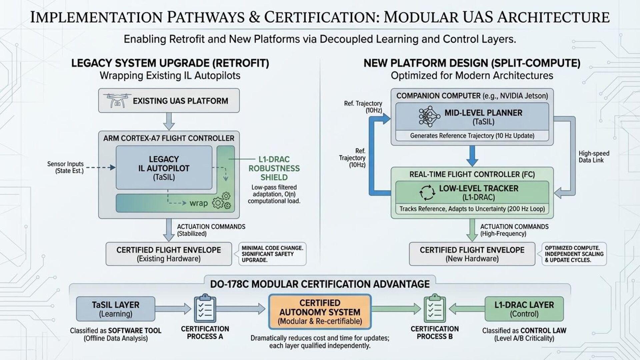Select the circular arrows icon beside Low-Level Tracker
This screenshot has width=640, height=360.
coord(427,193)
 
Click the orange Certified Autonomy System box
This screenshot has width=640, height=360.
coord(320,312)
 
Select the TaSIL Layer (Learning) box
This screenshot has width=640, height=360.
coord(116,309)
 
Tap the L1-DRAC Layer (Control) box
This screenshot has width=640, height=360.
coord(524,309)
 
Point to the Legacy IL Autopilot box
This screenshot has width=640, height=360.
coord(164,168)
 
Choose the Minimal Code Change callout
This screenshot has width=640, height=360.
coord(272,254)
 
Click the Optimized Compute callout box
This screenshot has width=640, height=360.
coord(574,254)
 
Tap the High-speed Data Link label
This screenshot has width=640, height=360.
coord(594,157)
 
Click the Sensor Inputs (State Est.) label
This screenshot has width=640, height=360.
coord(65,167)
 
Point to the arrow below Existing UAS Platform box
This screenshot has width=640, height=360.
coord(169,121)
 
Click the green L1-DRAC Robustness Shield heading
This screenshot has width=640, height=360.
coord(274,168)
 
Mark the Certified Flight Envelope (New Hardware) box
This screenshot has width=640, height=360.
coord(472,254)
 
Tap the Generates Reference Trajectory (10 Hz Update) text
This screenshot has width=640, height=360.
coord(472,136)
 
